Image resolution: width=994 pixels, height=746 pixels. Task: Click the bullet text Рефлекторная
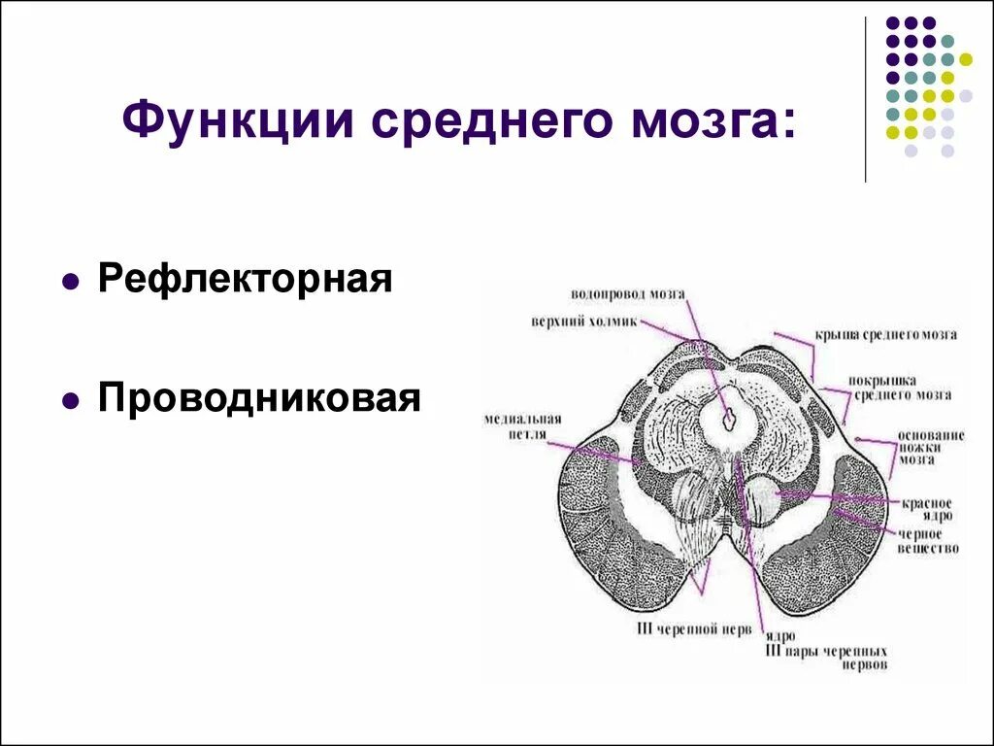click(x=246, y=280)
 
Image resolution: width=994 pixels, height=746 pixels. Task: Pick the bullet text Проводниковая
click(x=259, y=397)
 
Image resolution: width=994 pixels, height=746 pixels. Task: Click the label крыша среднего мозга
click(x=886, y=335)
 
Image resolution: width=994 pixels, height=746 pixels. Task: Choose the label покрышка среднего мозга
click(x=903, y=388)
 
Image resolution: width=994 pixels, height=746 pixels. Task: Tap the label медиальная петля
click(x=514, y=426)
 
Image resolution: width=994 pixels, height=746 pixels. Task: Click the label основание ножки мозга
click(x=929, y=448)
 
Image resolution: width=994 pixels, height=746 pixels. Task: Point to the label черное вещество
click(x=928, y=541)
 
